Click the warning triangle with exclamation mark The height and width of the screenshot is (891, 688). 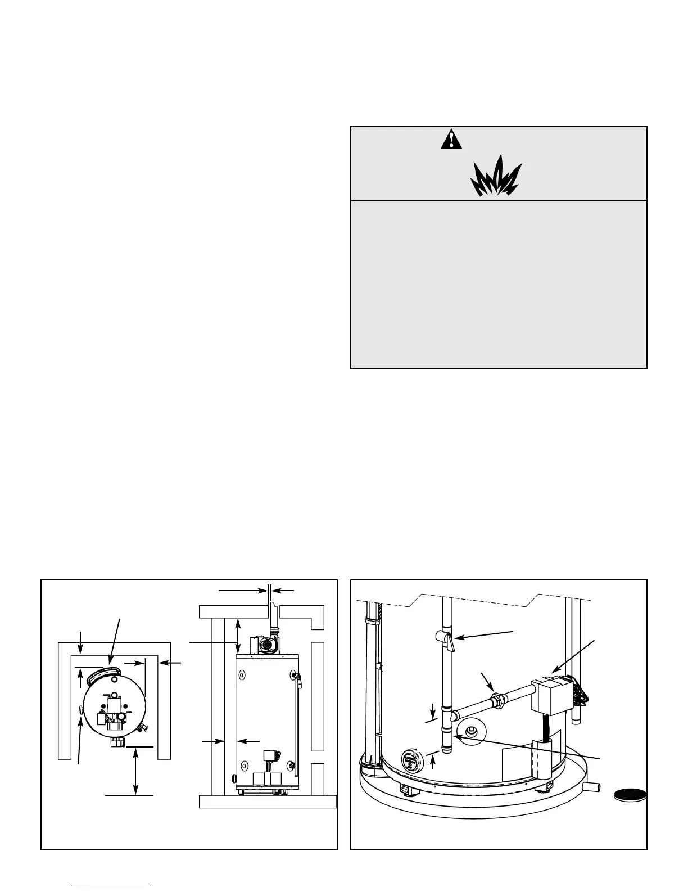click(x=451, y=139)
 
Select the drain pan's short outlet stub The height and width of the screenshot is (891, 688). click(x=591, y=787)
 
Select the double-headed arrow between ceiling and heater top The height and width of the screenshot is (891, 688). click(x=238, y=636)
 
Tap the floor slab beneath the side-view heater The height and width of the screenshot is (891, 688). click(x=268, y=801)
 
